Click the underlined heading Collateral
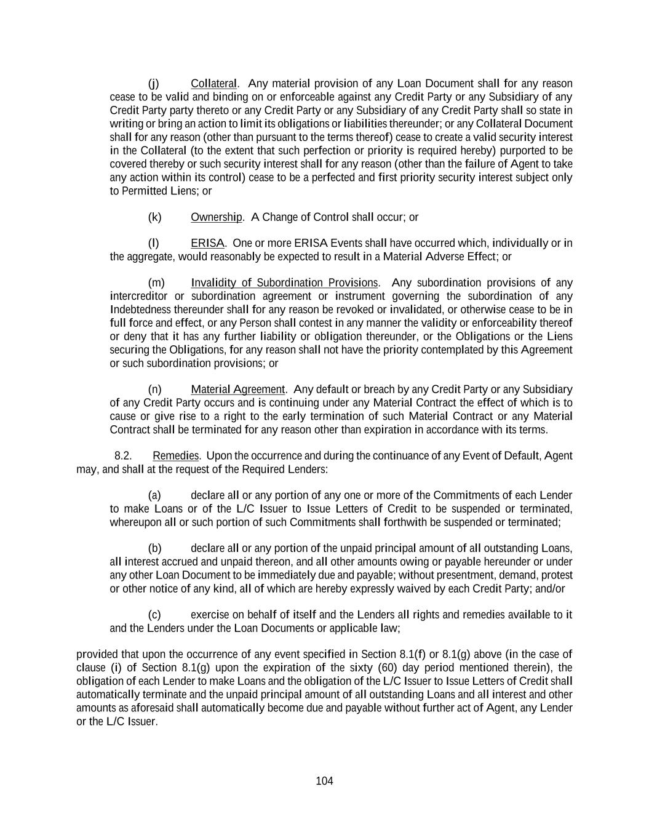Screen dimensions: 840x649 (213, 84)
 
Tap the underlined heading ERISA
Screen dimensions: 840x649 (207, 243)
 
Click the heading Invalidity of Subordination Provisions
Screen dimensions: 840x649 (284, 283)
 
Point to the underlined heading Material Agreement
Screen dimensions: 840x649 (237, 390)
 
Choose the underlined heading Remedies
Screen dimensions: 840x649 (175, 456)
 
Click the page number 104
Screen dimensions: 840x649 (324, 782)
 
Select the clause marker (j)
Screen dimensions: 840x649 (154, 84)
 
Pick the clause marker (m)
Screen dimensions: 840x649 (156, 283)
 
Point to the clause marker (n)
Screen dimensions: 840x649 (155, 390)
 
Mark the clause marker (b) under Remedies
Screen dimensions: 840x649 (154, 548)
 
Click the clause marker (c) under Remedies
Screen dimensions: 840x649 (154, 615)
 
